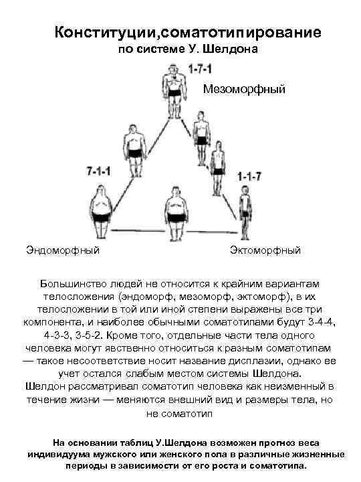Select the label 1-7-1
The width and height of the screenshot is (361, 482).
[x=201, y=69]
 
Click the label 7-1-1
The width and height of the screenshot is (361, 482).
[x=100, y=172]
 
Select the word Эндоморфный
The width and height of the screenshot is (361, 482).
[x=64, y=250]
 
